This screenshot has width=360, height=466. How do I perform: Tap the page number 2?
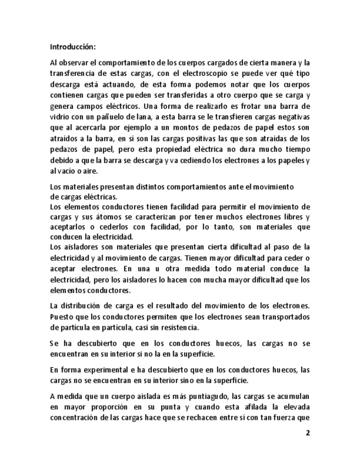[308, 432]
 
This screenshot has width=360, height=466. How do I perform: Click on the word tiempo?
[297, 149]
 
